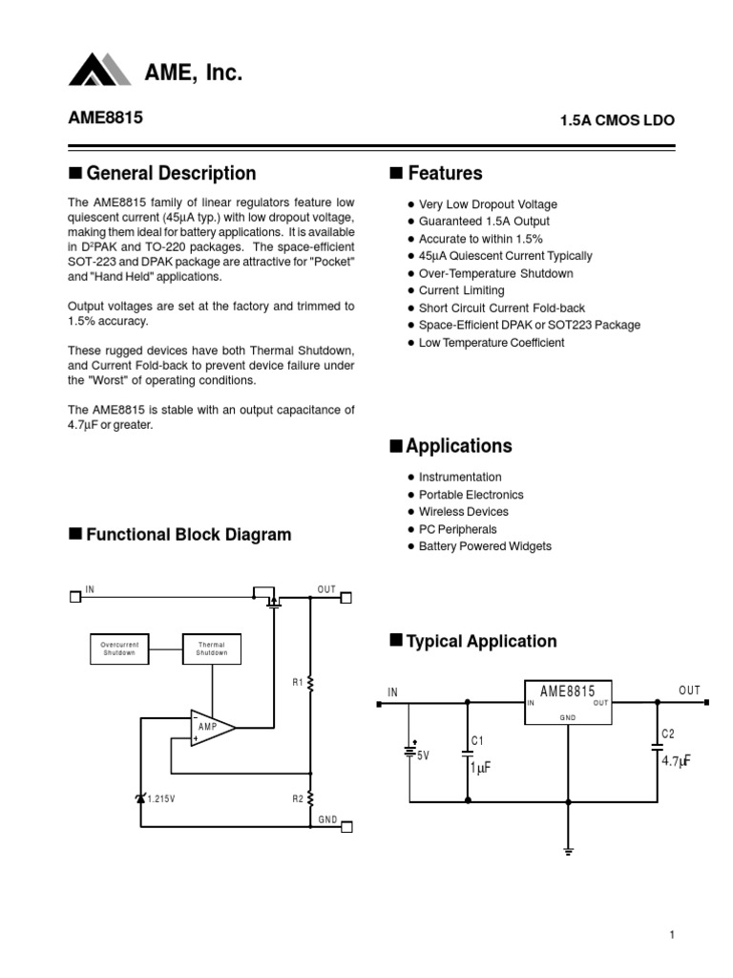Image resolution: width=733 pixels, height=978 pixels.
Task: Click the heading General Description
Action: coord(171,173)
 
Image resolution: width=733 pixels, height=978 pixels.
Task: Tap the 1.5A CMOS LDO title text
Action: coord(617,121)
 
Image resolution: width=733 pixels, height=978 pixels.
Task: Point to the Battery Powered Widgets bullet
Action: coord(485,546)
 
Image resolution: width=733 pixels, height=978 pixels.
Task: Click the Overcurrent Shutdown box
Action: coord(120,649)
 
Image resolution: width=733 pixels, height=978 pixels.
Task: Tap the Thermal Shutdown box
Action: coord(212,649)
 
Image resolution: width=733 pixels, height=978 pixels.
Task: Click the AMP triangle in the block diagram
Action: coord(211,729)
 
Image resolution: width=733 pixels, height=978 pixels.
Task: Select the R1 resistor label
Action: coord(298,682)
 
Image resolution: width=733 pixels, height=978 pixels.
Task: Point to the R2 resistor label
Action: coord(298,797)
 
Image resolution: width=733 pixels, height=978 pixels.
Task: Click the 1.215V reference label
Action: coord(161,798)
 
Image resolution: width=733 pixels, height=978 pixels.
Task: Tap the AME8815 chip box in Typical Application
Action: coord(568,701)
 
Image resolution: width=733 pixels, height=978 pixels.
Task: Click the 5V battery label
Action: coord(424,755)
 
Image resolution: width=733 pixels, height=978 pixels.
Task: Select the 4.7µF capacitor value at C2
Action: coord(675,760)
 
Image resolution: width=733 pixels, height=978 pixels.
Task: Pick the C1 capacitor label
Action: coord(478,740)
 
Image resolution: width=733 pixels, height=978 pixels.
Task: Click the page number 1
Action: coord(672,936)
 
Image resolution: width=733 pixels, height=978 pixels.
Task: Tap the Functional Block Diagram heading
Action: coord(189,535)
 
